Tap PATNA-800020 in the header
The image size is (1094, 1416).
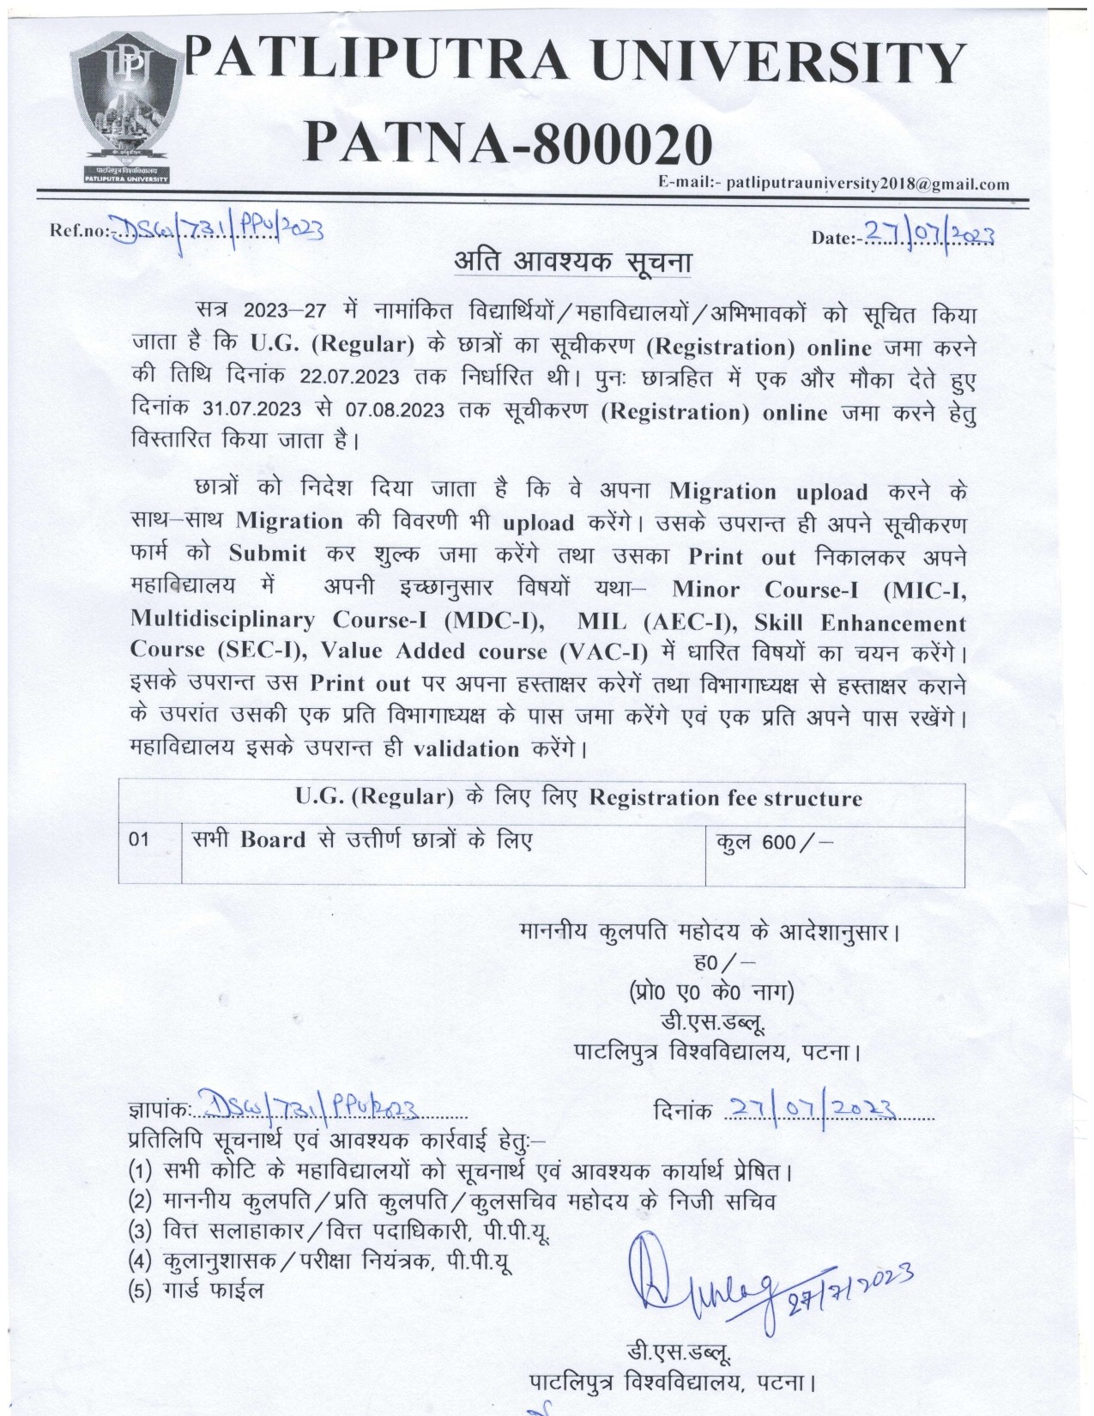coord(509,142)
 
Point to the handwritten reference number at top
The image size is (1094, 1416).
coord(218,227)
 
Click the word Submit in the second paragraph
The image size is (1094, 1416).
coord(267,554)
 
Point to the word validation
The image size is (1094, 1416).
coord(466,748)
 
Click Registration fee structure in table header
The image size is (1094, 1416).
coord(725,798)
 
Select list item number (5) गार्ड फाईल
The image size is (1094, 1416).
coord(196,1289)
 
